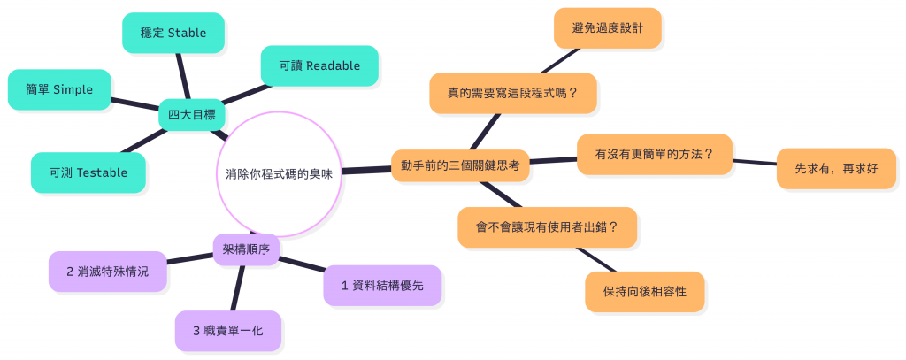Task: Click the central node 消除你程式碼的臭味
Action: [x=279, y=174]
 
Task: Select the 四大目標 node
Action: [x=191, y=115]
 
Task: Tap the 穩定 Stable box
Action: [x=173, y=33]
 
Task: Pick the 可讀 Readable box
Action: [x=319, y=65]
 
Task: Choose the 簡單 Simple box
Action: [x=59, y=89]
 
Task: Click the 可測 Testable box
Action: [x=88, y=172]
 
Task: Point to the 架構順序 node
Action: [x=247, y=249]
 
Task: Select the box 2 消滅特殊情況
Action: [x=108, y=271]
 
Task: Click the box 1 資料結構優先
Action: [x=382, y=285]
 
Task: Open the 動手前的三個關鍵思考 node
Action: [x=460, y=165]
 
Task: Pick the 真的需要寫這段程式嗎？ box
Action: [x=512, y=93]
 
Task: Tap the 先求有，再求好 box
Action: [x=836, y=168]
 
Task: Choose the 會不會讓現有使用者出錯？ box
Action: [x=548, y=226]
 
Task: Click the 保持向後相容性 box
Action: [x=645, y=291]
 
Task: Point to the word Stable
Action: [x=187, y=33]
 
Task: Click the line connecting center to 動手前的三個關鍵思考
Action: [x=365, y=169]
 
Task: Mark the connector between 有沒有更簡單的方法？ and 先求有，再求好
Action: [x=755, y=162]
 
